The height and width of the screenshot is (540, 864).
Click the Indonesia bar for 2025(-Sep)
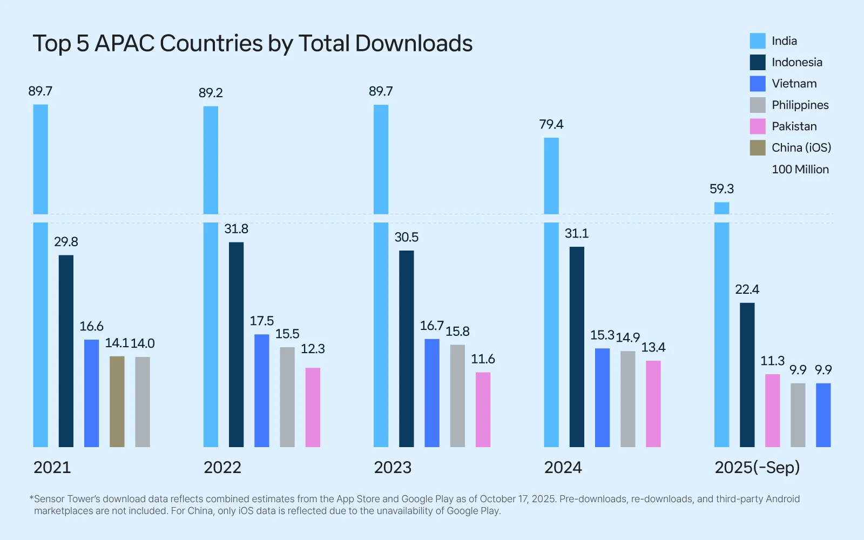(747, 375)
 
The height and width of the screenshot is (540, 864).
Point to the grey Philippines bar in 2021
(143, 402)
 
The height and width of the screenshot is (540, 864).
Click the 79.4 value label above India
(551, 125)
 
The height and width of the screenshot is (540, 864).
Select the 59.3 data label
(721, 189)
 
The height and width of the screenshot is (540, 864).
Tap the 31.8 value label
(236, 229)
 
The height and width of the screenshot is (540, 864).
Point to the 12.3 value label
(313, 349)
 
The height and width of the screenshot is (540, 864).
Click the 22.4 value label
(747, 289)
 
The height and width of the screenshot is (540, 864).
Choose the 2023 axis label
(393, 468)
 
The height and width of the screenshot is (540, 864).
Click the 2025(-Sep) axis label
(757, 468)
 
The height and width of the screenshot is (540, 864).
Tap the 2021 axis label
(52, 468)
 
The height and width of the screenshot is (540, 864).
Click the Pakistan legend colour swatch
(758, 126)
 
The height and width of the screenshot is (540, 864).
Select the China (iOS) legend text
(801, 148)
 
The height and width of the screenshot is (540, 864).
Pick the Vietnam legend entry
(794, 84)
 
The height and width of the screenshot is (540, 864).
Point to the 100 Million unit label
(800, 170)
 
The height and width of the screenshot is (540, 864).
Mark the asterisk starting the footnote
(31, 498)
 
